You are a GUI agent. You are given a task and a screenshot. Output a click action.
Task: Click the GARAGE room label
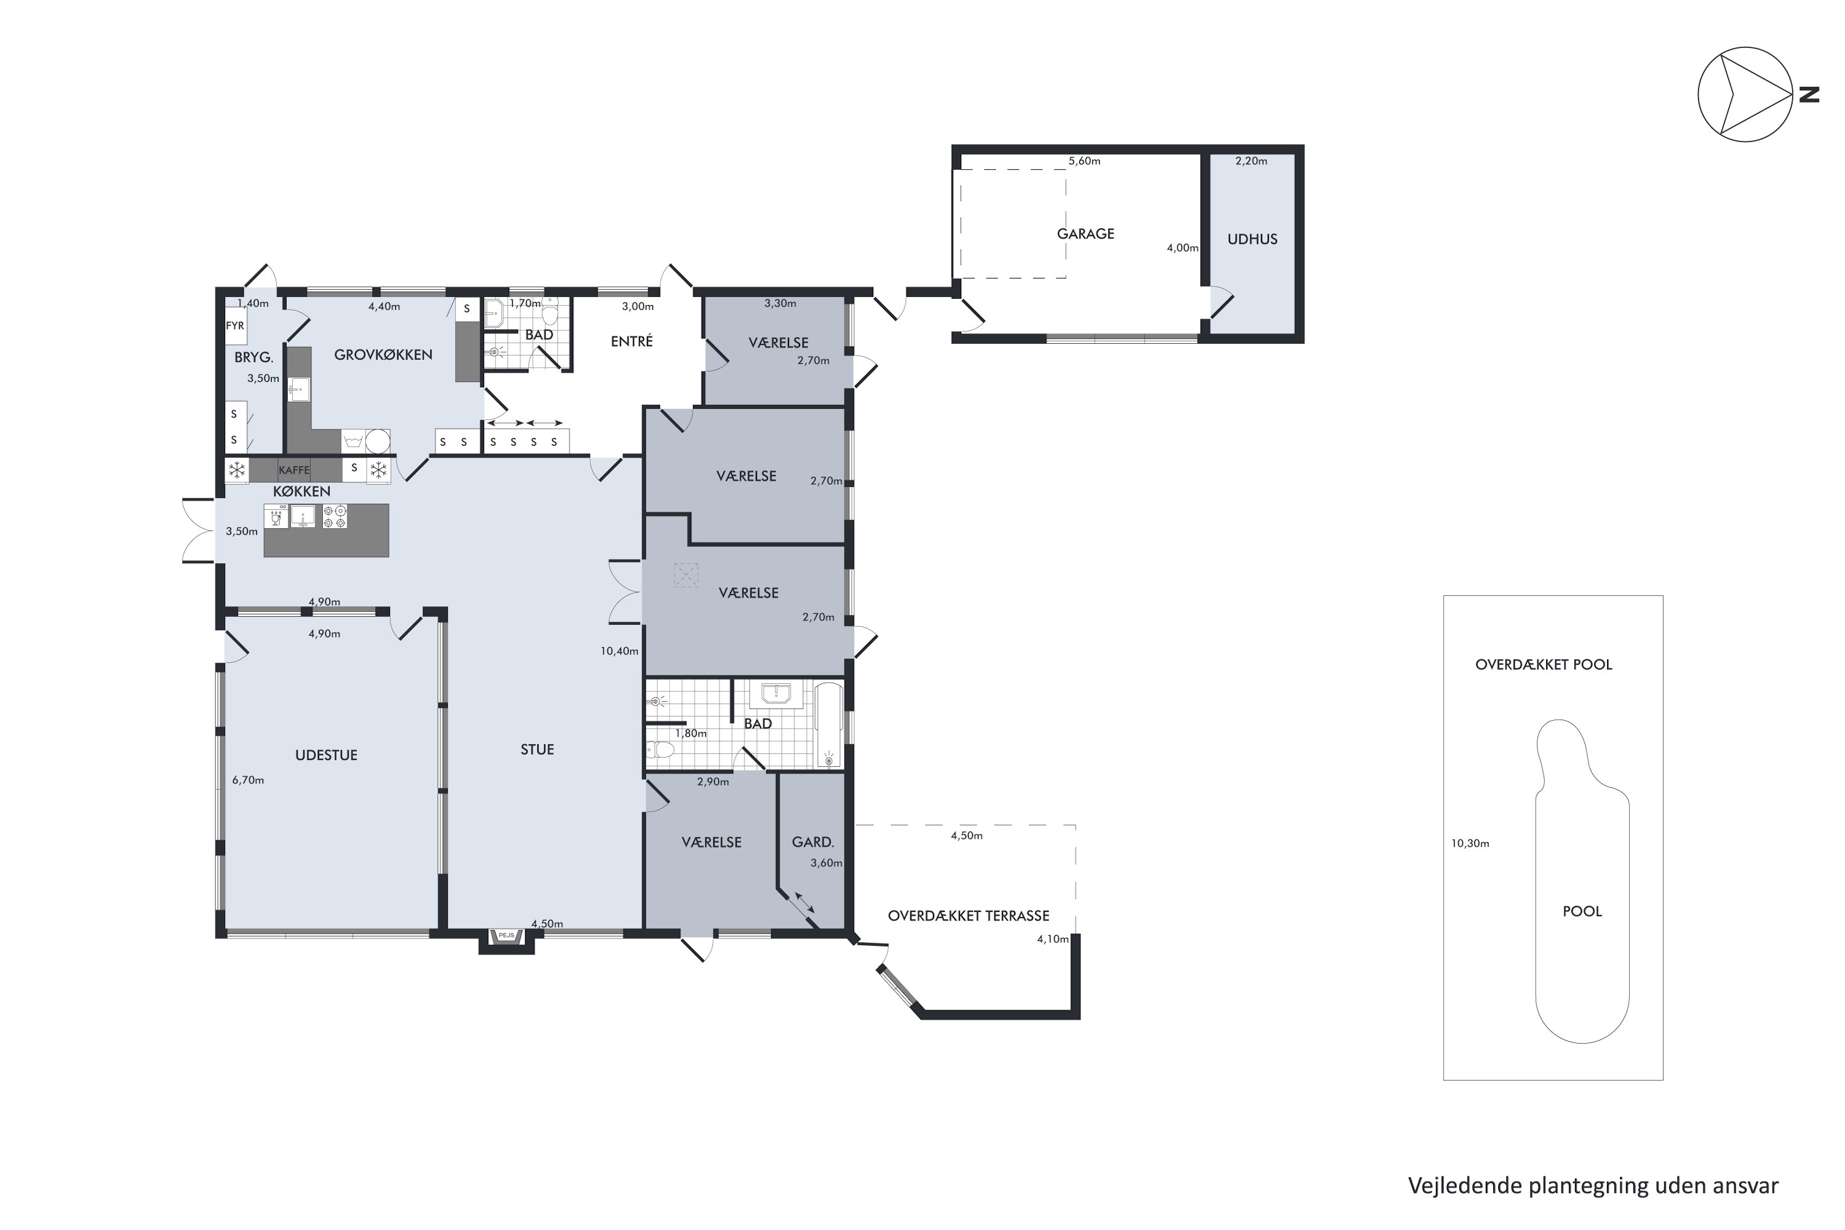tap(1085, 234)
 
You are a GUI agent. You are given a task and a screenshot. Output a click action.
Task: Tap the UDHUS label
tap(1252, 239)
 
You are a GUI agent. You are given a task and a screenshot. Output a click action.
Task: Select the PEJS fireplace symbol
tap(506, 936)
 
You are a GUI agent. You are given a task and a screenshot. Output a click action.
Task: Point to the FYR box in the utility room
tap(236, 325)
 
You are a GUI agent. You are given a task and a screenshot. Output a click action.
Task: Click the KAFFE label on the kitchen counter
tap(294, 470)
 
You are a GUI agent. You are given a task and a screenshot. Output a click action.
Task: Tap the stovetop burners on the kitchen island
tap(335, 516)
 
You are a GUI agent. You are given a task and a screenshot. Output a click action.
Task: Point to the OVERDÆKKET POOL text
tap(1543, 664)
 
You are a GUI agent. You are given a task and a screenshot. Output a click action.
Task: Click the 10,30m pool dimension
tap(1469, 844)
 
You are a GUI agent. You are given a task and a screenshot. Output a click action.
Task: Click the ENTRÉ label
tap(632, 341)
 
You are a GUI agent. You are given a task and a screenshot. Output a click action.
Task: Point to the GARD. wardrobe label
tap(812, 843)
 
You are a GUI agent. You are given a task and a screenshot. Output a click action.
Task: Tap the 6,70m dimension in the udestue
tap(248, 780)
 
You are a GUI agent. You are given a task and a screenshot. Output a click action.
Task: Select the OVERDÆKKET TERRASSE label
tap(968, 916)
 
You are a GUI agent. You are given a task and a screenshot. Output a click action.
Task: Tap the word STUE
tap(538, 750)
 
